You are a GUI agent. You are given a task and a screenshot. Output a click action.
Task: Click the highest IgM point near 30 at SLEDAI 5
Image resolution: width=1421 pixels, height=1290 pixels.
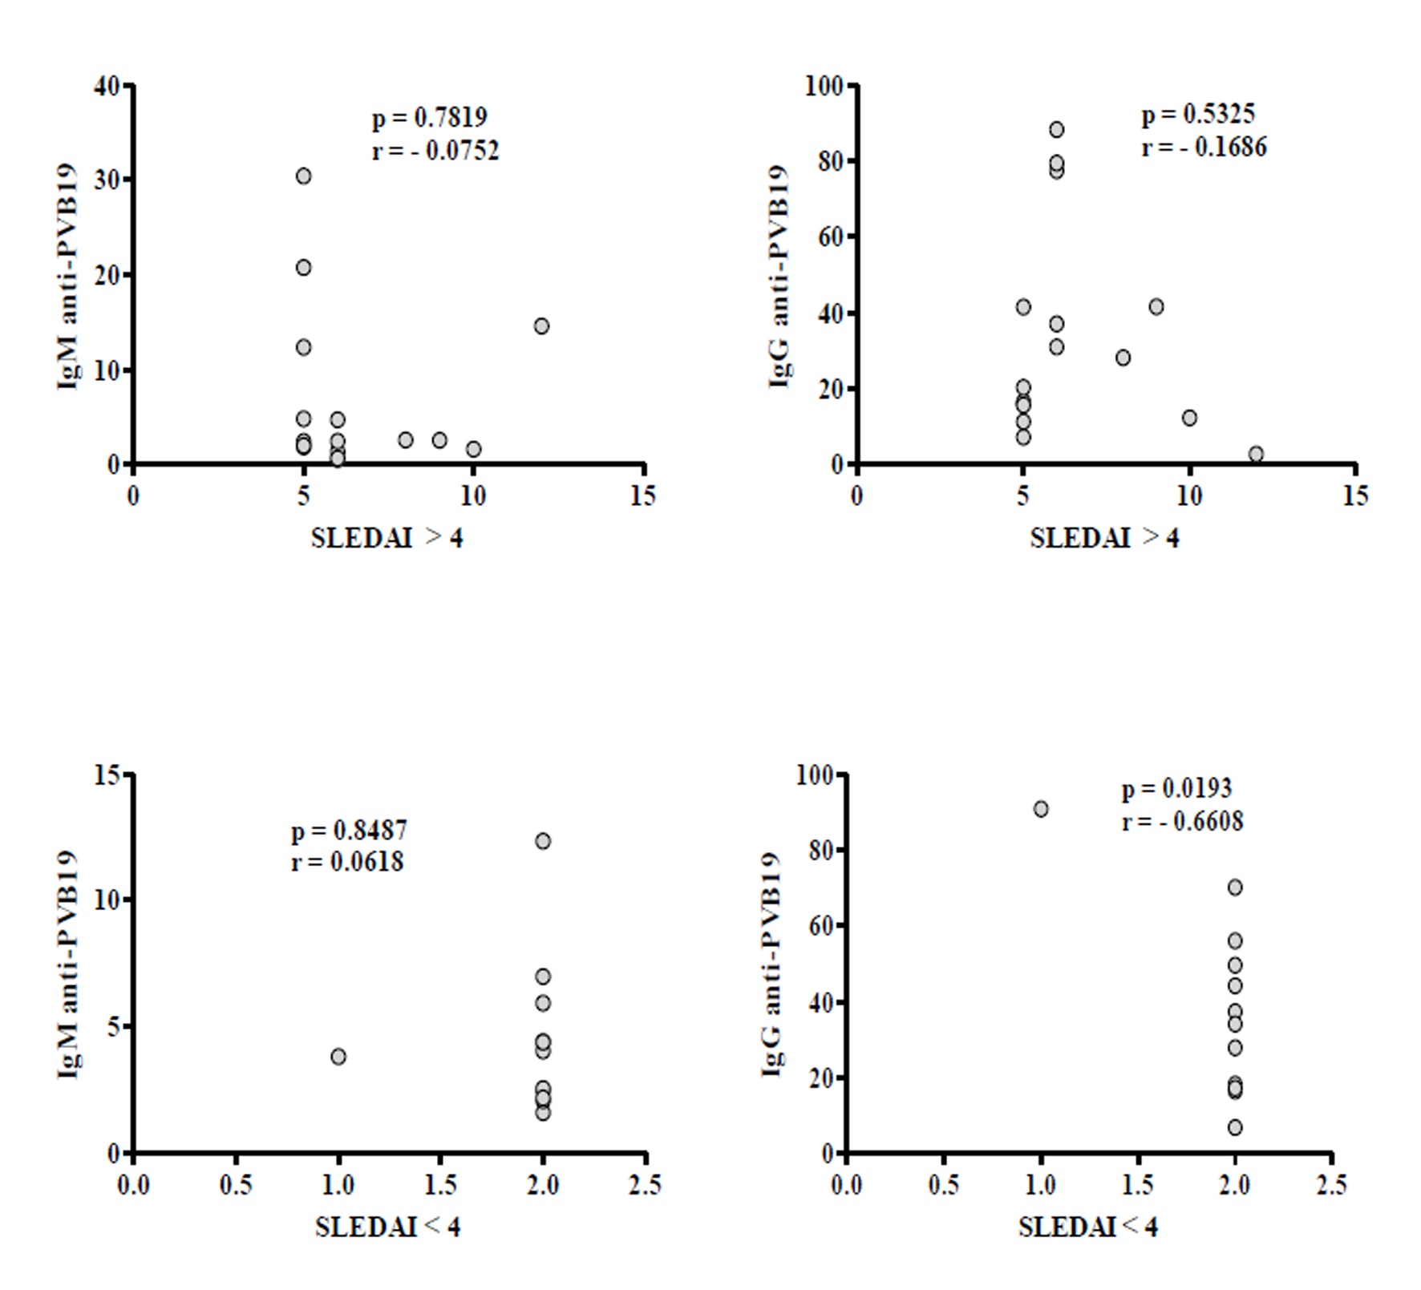pos(303,176)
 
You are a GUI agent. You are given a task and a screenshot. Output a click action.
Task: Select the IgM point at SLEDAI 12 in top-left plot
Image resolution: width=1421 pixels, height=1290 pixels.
pos(541,326)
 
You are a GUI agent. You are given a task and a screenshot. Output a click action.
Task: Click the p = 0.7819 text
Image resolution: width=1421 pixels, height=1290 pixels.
pos(429,118)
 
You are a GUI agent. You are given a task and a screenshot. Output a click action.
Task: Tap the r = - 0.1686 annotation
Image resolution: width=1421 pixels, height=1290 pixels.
pos(1204,148)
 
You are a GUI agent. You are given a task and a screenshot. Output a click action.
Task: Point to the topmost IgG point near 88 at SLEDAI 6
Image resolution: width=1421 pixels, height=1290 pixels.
pos(1056,129)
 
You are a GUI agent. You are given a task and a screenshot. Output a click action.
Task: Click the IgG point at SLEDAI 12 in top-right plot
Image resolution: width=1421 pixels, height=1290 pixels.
pos(1256,454)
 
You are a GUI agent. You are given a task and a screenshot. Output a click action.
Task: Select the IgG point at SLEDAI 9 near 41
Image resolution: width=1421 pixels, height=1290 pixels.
pos(1156,306)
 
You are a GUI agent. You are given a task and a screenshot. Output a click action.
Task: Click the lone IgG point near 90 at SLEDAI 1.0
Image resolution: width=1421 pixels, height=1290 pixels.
pos(1040,809)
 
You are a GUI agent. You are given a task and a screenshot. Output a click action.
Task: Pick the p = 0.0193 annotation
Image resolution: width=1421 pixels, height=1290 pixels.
pos(1176,789)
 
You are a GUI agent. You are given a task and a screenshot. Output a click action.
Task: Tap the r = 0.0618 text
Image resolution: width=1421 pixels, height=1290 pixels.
pos(347,862)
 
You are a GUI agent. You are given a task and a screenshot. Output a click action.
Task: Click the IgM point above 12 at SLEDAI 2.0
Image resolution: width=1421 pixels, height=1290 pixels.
pos(543,841)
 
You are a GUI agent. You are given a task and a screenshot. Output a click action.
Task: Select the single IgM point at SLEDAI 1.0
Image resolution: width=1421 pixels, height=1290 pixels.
pos(338,1057)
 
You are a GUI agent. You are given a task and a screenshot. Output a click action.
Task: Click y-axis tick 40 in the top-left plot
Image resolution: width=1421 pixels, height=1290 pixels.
pos(107,86)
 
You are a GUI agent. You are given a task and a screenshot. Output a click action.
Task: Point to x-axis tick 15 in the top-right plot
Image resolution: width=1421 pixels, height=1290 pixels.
pos(1354,495)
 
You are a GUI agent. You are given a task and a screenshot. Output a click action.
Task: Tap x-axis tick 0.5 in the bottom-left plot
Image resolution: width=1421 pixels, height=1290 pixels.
pos(235,1184)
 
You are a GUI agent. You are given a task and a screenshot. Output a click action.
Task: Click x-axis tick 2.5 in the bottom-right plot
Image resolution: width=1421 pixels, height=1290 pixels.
pos(1331,1184)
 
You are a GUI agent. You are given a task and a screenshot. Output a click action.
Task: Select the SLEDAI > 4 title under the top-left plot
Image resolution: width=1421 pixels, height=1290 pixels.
pos(387,538)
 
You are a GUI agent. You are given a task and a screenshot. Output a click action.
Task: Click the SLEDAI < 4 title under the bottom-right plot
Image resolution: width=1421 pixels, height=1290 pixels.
pos(1087,1227)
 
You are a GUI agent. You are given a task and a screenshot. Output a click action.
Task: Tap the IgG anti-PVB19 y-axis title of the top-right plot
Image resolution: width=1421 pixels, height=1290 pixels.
pos(778,276)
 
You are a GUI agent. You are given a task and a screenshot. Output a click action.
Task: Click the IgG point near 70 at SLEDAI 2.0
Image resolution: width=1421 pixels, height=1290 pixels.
pos(1235,887)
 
